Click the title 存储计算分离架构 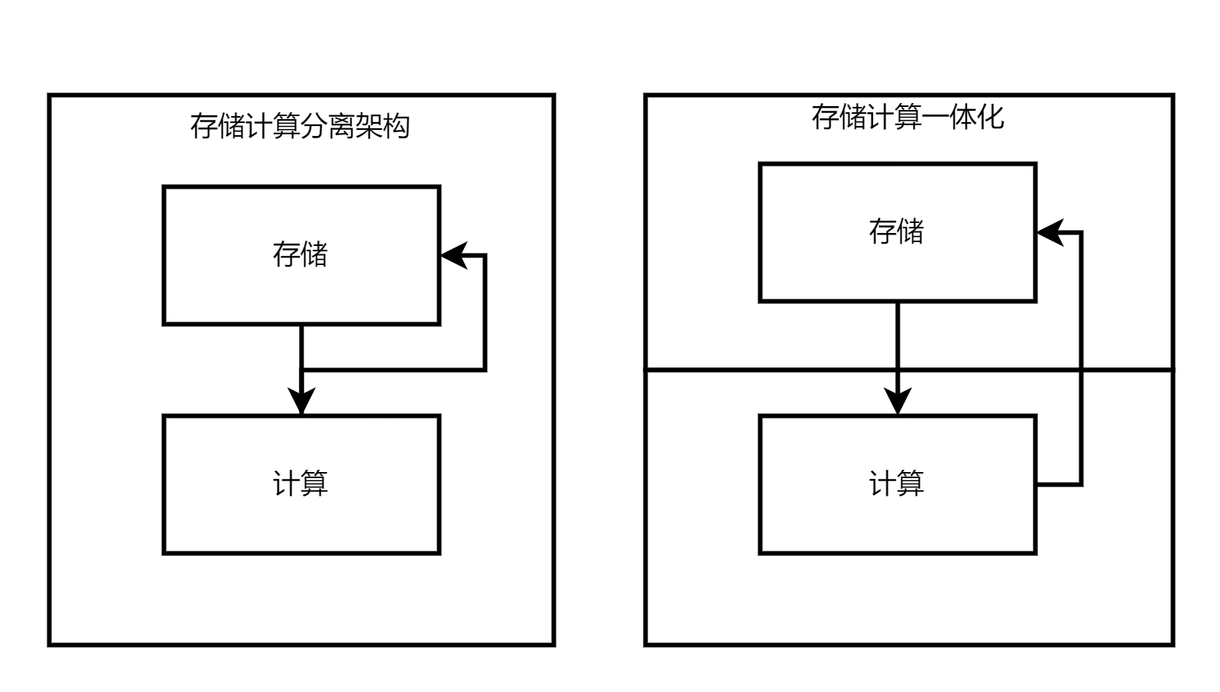point(300,126)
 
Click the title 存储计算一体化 point(907,117)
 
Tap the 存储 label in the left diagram point(300,254)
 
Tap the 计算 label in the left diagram point(300,483)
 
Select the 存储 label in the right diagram point(897,231)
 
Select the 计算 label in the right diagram point(897,483)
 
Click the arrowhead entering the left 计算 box point(302,402)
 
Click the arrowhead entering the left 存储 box point(454,255)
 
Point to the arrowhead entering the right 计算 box point(897,402)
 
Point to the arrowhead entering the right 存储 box point(1050,232)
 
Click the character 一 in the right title point(935,117)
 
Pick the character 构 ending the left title point(396,126)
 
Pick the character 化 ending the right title point(990,117)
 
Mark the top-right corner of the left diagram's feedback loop point(485,255)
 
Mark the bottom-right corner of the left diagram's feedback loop point(485,370)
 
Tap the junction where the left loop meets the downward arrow point(302,370)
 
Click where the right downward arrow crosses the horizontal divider point(897,370)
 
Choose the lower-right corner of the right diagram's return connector point(1081,484)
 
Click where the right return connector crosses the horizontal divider point(1081,370)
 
